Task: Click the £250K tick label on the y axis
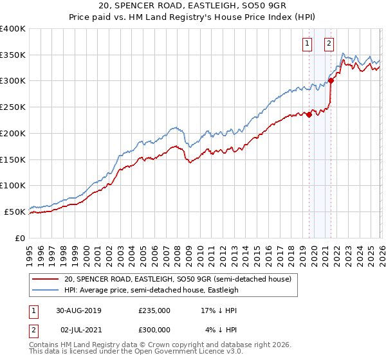pos(13,107)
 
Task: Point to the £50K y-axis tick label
pos(15,212)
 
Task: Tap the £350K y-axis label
pos(13,55)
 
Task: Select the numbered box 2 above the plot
pos(329,44)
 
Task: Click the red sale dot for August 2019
pos(309,115)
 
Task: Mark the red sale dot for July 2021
pos(331,80)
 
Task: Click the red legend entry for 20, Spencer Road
pos(178,280)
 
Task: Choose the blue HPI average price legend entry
pos(151,290)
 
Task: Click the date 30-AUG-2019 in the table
pos(78,310)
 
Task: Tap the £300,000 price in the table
pos(154,329)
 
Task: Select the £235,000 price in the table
pos(154,310)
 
